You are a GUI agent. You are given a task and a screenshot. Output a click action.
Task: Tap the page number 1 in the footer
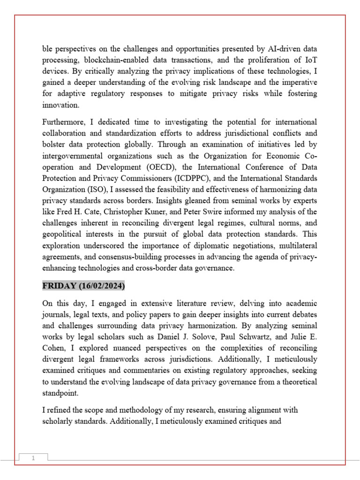(x=33, y=458)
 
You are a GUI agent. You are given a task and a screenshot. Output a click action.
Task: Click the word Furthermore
(x=63, y=122)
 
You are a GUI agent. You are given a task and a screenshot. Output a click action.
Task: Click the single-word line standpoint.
(x=60, y=393)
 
